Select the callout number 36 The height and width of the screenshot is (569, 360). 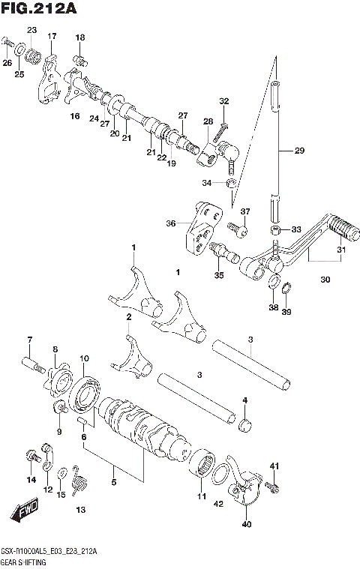pos(170,223)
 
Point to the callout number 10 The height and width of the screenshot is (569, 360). pos(84,358)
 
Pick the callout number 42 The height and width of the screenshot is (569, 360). pos(218,504)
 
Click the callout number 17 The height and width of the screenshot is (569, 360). pos(52,36)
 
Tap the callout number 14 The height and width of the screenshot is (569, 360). pos(31,479)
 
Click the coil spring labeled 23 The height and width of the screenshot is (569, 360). pos(32,54)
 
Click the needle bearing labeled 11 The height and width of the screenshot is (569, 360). pos(205,465)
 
